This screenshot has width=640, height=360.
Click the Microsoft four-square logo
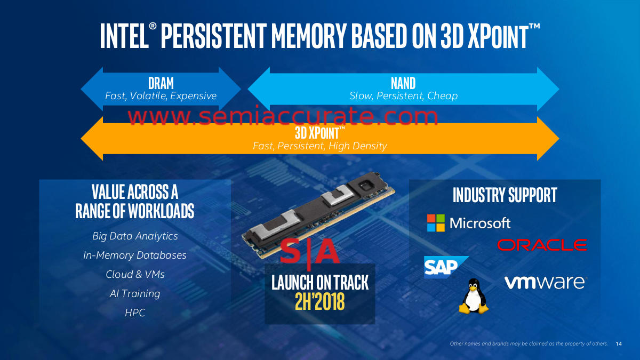click(435, 223)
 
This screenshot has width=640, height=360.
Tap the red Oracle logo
click(542, 245)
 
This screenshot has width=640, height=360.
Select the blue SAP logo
click(444, 267)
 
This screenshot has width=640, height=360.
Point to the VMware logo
click(545, 282)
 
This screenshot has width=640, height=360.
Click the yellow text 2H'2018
click(319, 302)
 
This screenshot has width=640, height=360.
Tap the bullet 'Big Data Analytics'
click(135, 236)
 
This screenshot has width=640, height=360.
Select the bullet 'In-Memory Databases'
click(135, 255)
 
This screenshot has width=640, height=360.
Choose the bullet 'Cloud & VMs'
click(135, 274)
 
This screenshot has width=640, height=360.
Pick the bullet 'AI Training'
click(135, 293)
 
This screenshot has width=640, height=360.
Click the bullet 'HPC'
click(135, 313)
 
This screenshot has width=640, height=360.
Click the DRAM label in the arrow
click(161, 83)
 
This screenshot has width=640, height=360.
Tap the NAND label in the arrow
click(403, 83)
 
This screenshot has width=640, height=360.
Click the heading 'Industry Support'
click(505, 195)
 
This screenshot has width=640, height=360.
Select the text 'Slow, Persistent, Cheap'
click(403, 96)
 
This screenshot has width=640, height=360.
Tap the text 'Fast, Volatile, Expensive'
click(161, 96)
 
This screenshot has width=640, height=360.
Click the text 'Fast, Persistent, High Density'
click(319, 146)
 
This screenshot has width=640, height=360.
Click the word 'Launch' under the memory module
click(291, 283)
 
